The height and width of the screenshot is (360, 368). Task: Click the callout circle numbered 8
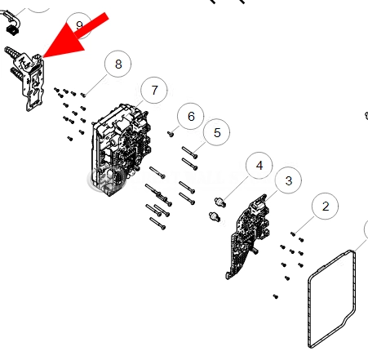click(x=117, y=64)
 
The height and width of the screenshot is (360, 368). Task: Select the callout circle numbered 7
click(x=154, y=90)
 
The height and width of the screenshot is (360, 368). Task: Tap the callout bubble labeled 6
click(x=190, y=116)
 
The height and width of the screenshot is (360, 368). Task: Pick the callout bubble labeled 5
click(x=216, y=132)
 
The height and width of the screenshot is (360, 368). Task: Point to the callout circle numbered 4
click(x=259, y=165)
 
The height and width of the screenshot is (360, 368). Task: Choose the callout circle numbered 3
click(x=288, y=180)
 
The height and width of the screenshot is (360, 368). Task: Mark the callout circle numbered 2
click(x=326, y=206)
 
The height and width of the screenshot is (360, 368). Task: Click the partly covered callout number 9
click(x=79, y=26)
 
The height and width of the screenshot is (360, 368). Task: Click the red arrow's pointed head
click(x=43, y=57)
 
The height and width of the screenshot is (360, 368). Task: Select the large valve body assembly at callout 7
click(x=120, y=149)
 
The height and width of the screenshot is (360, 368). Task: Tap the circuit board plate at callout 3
click(x=248, y=236)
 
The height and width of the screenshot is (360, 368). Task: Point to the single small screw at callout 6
click(x=171, y=134)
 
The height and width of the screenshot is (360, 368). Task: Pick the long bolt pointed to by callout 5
click(x=190, y=152)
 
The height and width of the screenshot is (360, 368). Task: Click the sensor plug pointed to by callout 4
click(x=220, y=202)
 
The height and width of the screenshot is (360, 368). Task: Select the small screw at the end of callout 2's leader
click(x=293, y=233)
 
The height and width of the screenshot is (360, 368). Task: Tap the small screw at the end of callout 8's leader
click(x=83, y=95)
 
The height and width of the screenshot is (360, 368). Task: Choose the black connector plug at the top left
click(x=12, y=29)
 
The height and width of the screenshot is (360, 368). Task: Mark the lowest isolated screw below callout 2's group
click(x=276, y=296)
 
